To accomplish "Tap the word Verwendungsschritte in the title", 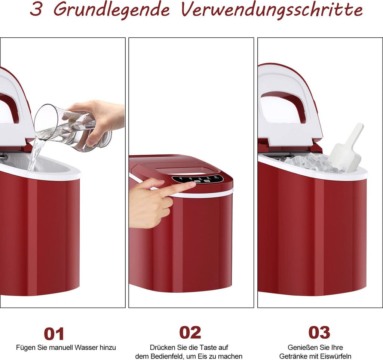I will (x=272, y=10).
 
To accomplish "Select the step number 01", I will (x=54, y=334).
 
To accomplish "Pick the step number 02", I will (x=190, y=332).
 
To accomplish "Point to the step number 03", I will (x=319, y=332).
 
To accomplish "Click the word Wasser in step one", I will (x=85, y=348).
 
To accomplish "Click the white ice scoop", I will (x=346, y=150).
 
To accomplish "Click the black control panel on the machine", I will (x=198, y=179).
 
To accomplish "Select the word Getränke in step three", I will (x=291, y=356).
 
